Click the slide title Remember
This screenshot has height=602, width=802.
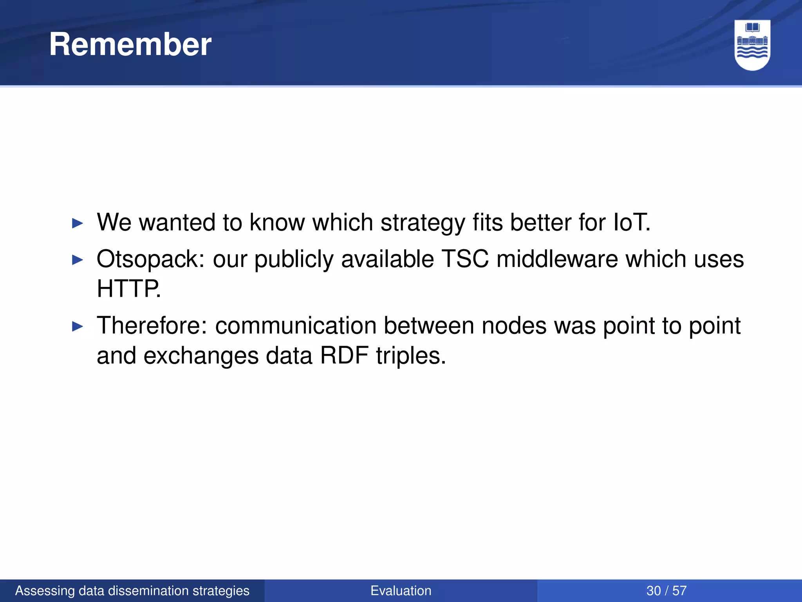point(130,44)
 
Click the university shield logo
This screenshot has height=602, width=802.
point(752,45)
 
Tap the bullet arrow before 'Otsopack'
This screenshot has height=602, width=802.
point(78,260)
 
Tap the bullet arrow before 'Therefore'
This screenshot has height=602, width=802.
point(78,326)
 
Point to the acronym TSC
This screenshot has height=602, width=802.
point(465,259)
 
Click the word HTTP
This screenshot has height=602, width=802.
point(128,289)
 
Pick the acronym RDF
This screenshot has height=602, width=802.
point(344,355)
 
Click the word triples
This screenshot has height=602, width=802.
point(411,356)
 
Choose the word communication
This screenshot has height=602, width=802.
point(296,326)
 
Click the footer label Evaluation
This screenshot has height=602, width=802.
point(401,591)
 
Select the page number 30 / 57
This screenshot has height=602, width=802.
point(667,591)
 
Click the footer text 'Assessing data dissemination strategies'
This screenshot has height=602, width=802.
point(132,591)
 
